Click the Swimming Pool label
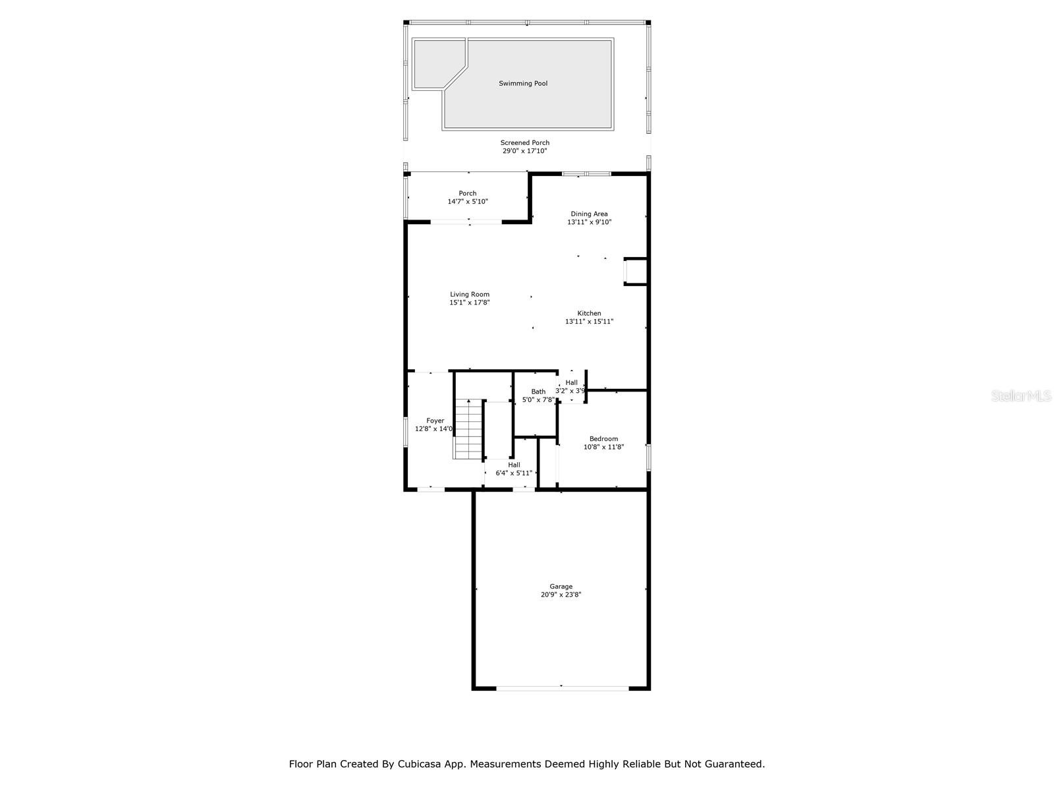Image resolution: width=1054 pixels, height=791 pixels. click(x=522, y=84)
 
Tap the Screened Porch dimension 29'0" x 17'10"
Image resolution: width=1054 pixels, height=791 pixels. click(x=524, y=151)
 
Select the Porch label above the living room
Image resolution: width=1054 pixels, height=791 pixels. click(x=467, y=193)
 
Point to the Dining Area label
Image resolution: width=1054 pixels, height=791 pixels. click(x=589, y=214)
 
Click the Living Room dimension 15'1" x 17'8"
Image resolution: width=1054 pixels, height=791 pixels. click(x=469, y=303)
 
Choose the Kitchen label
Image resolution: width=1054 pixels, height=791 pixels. click(x=589, y=313)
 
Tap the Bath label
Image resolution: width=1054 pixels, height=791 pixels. click(x=538, y=392)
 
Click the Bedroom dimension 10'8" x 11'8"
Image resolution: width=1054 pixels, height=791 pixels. click(x=603, y=447)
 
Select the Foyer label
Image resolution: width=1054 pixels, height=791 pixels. click(x=435, y=421)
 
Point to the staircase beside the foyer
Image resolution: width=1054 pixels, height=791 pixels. click(x=468, y=429)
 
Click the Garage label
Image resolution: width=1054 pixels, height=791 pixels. click(x=561, y=587)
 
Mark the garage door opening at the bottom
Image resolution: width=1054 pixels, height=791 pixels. click(x=562, y=688)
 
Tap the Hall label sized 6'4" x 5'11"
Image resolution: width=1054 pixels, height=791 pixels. click(x=514, y=465)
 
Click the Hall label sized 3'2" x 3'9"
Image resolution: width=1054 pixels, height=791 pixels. click(x=571, y=383)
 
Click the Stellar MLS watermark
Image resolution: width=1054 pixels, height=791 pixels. click(x=1021, y=395)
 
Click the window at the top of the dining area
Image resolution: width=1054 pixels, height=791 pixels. click(x=586, y=174)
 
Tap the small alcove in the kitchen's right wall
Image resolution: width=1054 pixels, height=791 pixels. click(x=635, y=272)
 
